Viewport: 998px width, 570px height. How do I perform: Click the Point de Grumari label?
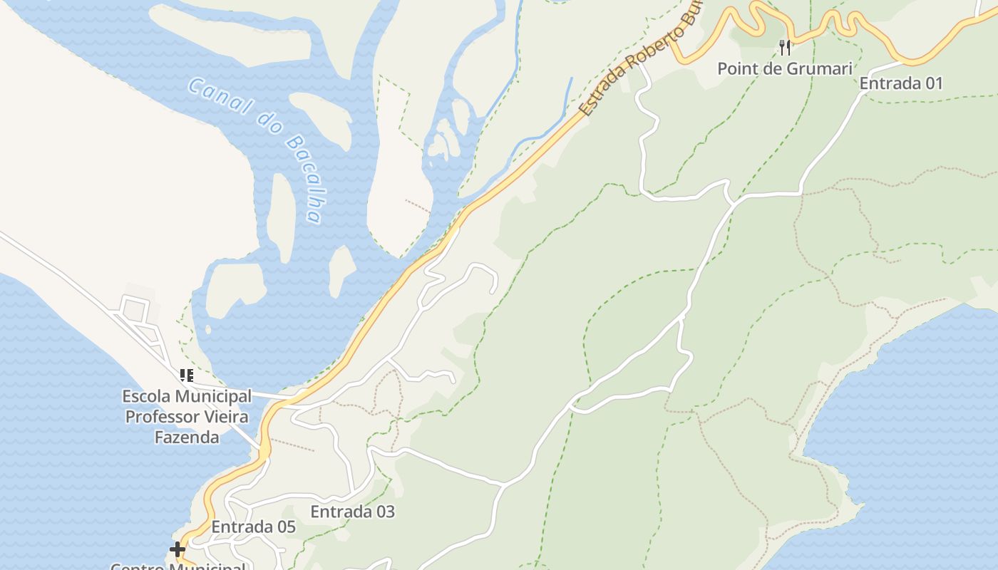coord(784,69)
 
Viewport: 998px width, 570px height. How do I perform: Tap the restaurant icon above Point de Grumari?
coord(784,47)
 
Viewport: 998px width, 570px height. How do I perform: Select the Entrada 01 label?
coord(901,83)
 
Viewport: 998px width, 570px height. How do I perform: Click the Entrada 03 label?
coord(352,512)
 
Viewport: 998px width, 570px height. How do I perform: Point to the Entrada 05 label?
coord(253,527)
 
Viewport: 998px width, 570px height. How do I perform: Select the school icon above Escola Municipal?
coord(187,375)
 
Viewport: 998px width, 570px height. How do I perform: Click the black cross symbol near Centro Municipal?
coord(178,549)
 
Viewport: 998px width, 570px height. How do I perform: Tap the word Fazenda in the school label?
coord(187,437)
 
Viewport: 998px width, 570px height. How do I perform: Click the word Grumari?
coord(820,69)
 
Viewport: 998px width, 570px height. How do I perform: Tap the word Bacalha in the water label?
coord(304,178)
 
